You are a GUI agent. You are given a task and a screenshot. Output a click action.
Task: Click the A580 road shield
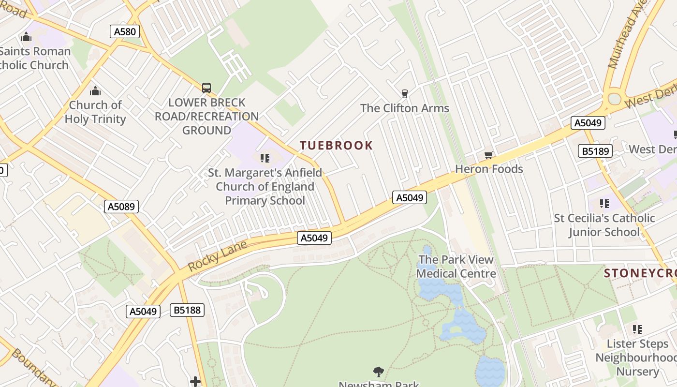point(125,32)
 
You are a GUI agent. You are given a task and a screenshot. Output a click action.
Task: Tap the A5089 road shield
point(121,207)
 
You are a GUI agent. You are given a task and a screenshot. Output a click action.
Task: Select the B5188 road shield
point(187,310)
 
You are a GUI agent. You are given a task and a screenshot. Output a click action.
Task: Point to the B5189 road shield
point(595,151)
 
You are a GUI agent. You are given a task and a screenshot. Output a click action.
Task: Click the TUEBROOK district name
point(337,146)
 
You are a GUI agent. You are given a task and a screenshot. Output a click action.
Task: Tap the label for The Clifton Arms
point(405,108)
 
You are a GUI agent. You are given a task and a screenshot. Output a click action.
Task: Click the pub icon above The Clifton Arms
point(405,93)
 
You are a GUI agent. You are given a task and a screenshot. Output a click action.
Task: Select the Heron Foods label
point(489,169)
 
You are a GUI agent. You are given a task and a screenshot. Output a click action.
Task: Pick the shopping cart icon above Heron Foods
point(488,155)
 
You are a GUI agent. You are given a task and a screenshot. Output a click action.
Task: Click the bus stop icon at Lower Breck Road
point(206,88)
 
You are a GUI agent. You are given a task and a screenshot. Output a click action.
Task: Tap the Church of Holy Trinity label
point(95,112)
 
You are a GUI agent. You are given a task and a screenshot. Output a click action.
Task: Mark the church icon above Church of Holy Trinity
point(95,90)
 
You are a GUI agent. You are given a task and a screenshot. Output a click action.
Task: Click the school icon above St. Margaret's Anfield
point(265,158)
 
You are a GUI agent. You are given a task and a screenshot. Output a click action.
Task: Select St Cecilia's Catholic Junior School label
point(604,225)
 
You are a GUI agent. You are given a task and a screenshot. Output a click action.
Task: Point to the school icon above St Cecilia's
point(604,204)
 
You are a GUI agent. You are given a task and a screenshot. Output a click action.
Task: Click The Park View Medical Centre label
point(456,267)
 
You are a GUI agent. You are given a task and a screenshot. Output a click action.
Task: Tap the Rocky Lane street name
point(218,256)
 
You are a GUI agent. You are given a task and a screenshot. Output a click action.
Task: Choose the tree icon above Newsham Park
point(379,372)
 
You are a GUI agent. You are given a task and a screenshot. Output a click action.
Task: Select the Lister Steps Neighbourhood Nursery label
point(637,357)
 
